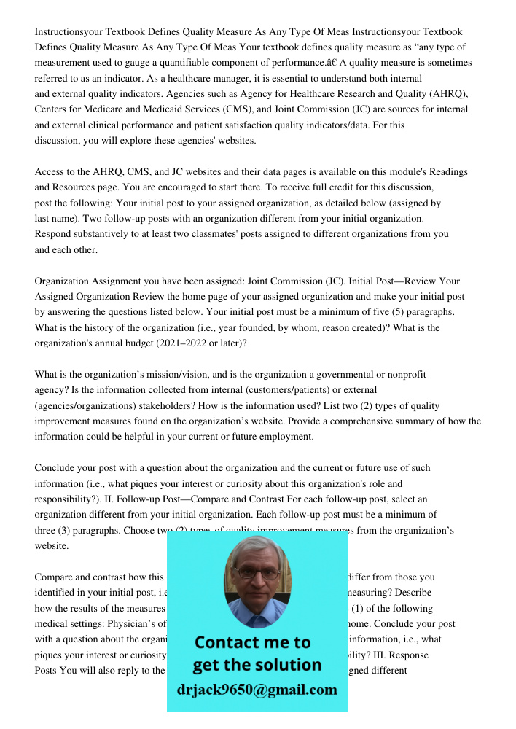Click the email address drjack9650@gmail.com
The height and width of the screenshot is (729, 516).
[257, 690]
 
